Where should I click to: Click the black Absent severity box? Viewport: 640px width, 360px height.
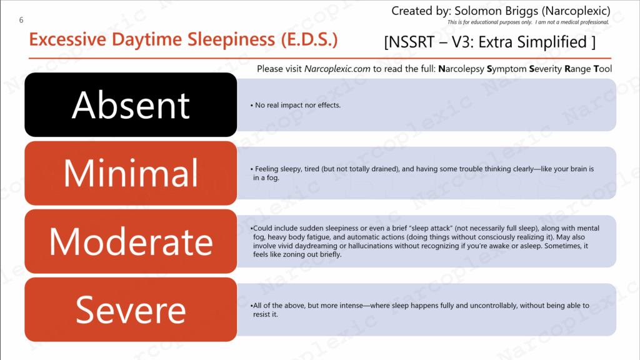point(131,105)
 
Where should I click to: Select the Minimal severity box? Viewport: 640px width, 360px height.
point(131,173)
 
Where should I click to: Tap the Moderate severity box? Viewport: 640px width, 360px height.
point(131,241)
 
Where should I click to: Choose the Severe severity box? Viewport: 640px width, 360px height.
point(131,309)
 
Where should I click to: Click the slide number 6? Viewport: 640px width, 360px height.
point(21,20)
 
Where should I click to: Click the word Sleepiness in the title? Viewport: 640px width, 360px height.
point(231,39)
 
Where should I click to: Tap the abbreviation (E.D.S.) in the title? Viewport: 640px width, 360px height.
point(309,39)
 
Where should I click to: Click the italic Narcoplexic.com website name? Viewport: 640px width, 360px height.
point(337,69)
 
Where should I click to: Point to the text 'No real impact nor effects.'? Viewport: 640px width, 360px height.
point(297,105)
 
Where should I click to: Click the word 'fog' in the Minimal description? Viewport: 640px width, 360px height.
point(272,177)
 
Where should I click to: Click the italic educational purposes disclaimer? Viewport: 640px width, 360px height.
point(527,22)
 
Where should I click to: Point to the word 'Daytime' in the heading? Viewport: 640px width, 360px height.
point(146,39)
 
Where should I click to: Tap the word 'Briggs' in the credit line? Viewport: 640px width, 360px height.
point(519,11)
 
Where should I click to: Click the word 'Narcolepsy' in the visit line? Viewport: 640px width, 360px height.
point(461,69)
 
